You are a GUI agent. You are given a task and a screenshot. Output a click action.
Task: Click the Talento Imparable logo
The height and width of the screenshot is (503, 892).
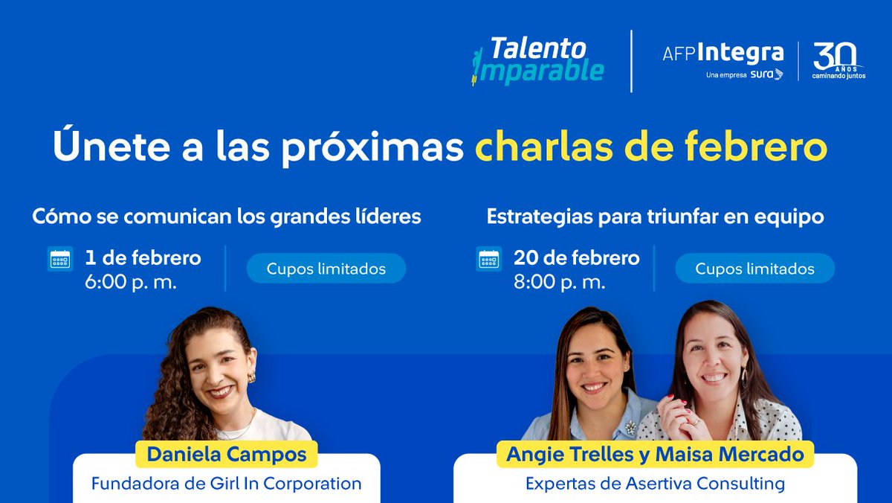click(538, 60)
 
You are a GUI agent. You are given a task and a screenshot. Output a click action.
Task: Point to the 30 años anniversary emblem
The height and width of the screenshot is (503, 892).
click(838, 60)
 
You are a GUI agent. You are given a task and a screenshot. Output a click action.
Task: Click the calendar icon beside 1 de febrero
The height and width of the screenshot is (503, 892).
click(60, 259)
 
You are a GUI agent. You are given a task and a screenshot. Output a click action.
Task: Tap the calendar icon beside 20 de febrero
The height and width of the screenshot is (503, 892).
click(489, 259)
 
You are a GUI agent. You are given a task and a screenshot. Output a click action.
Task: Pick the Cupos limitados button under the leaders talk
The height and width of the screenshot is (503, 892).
click(326, 269)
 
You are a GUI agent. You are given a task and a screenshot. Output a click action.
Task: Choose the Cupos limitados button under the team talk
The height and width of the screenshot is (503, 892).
click(754, 269)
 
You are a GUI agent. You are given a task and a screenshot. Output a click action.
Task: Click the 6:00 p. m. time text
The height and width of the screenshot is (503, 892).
click(131, 282)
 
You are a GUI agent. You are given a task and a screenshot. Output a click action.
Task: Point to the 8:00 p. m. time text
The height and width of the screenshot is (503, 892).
click(560, 282)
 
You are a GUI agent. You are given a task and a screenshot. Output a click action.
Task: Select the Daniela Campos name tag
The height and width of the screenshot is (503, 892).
click(227, 453)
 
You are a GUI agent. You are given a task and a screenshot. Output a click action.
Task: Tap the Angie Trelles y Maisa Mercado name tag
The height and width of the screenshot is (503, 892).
click(655, 453)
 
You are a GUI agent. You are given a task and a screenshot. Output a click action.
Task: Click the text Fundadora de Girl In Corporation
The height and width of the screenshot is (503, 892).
click(227, 483)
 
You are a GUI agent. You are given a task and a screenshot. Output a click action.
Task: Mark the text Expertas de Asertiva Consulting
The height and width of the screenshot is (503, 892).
click(655, 483)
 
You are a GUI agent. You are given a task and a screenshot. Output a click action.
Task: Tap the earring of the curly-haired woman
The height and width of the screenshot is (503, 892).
click(252, 377)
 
